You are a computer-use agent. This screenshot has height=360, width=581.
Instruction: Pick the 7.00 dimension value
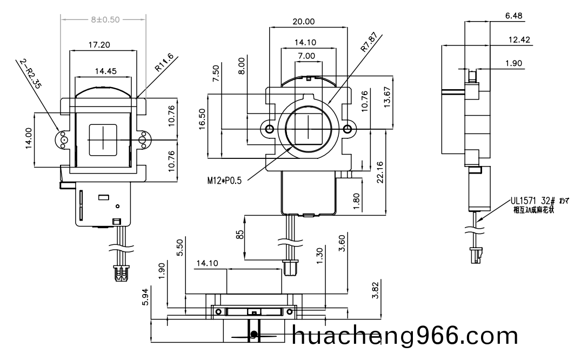tap(306, 56)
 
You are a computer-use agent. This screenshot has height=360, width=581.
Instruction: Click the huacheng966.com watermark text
tap(405, 336)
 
